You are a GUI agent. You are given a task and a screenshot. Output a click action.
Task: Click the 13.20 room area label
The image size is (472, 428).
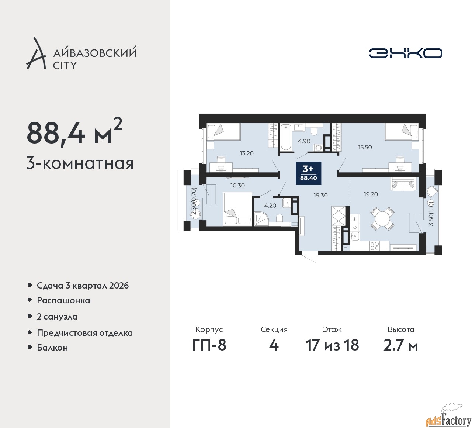click(x=247, y=153)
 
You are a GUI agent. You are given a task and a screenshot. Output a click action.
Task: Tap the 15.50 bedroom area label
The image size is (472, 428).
click(x=365, y=147)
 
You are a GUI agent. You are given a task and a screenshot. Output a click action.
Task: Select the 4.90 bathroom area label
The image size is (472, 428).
click(x=304, y=141)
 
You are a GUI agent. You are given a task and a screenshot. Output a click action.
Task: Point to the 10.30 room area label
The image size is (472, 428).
click(x=237, y=186)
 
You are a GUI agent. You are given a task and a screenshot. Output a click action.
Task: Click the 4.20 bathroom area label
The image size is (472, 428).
click(x=270, y=206)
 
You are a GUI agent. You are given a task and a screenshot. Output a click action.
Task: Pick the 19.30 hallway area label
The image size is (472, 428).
click(x=321, y=195)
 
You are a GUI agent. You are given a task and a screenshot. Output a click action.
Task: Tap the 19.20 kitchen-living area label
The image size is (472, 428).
click(x=371, y=194)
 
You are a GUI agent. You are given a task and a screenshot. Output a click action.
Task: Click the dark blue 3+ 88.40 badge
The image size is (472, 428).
click(x=308, y=173)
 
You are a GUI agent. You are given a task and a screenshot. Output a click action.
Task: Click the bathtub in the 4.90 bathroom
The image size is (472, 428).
click(x=286, y=137)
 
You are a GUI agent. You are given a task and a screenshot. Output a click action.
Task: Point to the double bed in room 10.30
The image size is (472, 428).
click(x=237, y=209)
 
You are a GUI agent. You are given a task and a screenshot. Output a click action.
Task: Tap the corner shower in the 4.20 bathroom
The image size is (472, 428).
click(x=261, y=219)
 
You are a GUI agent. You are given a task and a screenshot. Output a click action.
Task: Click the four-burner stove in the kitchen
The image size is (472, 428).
click(x=374, y=246)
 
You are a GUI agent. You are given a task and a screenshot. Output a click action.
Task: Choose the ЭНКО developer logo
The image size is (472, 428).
click(x=405, y=53)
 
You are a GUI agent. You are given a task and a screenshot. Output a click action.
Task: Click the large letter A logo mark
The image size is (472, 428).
click(x=36, y=53)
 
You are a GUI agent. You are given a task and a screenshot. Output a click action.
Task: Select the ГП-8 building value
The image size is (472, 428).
click(x=209, y=345)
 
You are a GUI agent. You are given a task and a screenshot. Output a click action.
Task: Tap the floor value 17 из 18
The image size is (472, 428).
click(x=332, y=345)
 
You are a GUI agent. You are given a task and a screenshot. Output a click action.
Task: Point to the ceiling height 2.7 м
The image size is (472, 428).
click(x=401, y=345)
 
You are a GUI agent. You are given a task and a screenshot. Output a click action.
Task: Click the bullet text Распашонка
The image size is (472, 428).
click(x=63, y=301)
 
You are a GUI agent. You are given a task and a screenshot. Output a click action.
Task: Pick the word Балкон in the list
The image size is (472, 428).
click(x=52, y=348)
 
